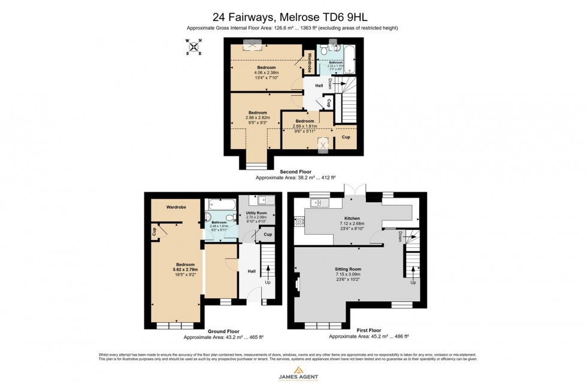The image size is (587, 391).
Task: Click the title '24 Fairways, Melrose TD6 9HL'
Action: tap(293, 18)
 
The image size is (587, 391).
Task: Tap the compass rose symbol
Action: tap(193, 47)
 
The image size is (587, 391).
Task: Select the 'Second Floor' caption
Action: tap(295, 172)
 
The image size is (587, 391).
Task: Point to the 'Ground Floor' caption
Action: tap(223, 331)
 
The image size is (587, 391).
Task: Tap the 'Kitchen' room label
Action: tap(351, 219)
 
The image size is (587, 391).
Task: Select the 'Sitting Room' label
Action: tap(348, 269)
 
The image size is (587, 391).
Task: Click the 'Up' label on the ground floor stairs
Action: tap(267, 282)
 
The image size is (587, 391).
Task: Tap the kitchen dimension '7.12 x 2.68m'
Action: tap(351, 224)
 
